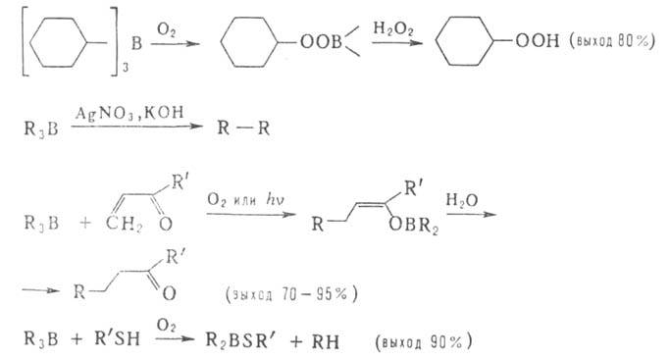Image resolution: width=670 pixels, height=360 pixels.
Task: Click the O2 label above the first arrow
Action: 166,29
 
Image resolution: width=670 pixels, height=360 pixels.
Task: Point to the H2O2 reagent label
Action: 393,29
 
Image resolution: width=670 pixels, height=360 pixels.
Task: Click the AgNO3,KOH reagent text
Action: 129,113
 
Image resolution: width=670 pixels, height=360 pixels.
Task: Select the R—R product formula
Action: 243,128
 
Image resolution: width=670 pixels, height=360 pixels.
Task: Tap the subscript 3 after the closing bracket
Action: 126,68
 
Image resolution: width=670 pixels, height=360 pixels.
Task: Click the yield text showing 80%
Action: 612,41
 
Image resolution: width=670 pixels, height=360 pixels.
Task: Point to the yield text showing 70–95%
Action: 292,294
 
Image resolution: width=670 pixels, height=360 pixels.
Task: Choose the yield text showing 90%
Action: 424,341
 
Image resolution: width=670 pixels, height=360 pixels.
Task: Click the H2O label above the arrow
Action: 462,200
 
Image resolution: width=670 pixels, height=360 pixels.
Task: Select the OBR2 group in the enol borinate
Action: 414,225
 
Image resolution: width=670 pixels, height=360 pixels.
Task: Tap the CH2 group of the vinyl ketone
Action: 124,224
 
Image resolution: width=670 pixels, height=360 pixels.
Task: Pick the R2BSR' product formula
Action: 242,340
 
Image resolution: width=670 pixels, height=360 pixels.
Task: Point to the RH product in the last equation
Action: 326,341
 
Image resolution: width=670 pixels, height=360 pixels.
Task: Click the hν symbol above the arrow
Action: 275,199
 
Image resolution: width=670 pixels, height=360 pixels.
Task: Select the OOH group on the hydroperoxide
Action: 538,40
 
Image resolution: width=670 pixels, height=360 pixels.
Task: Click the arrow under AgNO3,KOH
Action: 136,127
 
